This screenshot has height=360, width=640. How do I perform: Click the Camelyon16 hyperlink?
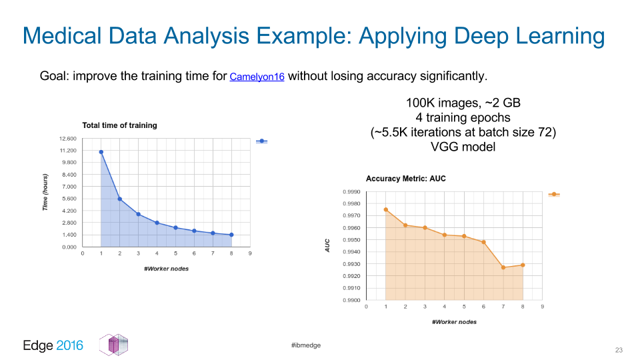click(257, 77)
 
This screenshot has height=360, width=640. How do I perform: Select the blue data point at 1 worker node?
click(101, 152)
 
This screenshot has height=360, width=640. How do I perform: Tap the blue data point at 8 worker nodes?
click(231, 235)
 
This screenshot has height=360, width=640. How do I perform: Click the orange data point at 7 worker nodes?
click(503, 267)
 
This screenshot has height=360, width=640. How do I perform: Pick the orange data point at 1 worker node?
click(386, 210)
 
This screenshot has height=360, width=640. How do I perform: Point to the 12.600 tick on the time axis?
click(68, 139)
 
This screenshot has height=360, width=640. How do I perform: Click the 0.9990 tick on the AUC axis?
click(351, 192)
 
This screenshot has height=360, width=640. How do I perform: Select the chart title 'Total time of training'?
click(119, 125)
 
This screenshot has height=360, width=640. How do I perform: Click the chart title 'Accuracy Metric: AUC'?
click(406, 179)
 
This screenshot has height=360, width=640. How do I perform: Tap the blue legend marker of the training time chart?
click(261, 141)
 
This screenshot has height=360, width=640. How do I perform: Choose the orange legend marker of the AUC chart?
click(554, 194)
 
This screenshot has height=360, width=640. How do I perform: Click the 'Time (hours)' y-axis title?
click(45, 192)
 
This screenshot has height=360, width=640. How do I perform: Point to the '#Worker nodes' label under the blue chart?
click(166, 269)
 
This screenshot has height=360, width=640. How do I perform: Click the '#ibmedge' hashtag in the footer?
click(306, 345)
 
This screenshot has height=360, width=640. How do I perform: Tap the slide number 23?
click(619, 350)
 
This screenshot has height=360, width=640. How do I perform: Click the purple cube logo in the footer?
click(114, 345)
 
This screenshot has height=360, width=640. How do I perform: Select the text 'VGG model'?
click(463, 147)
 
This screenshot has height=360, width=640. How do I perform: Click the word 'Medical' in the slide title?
click(61, 35)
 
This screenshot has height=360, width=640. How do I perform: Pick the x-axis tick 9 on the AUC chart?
click(542, 307)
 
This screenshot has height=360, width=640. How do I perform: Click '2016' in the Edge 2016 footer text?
click(69, 345)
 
